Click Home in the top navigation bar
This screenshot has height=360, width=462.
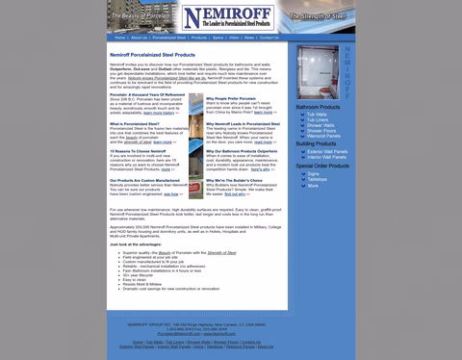[120, 38]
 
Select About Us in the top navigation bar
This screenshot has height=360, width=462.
[140, 38]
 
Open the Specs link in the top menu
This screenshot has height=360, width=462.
[218, 38]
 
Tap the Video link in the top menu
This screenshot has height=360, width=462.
[234, 38]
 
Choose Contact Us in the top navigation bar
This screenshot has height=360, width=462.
[269, 38]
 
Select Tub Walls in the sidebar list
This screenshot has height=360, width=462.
[318, 114]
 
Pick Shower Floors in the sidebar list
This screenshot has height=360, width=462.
[321, 130]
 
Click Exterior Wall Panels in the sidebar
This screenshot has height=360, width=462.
[327, 151]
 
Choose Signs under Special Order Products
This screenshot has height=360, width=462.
[314, 173]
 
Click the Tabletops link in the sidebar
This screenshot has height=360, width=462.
[318, 179]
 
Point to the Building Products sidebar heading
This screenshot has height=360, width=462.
[317, 143]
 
